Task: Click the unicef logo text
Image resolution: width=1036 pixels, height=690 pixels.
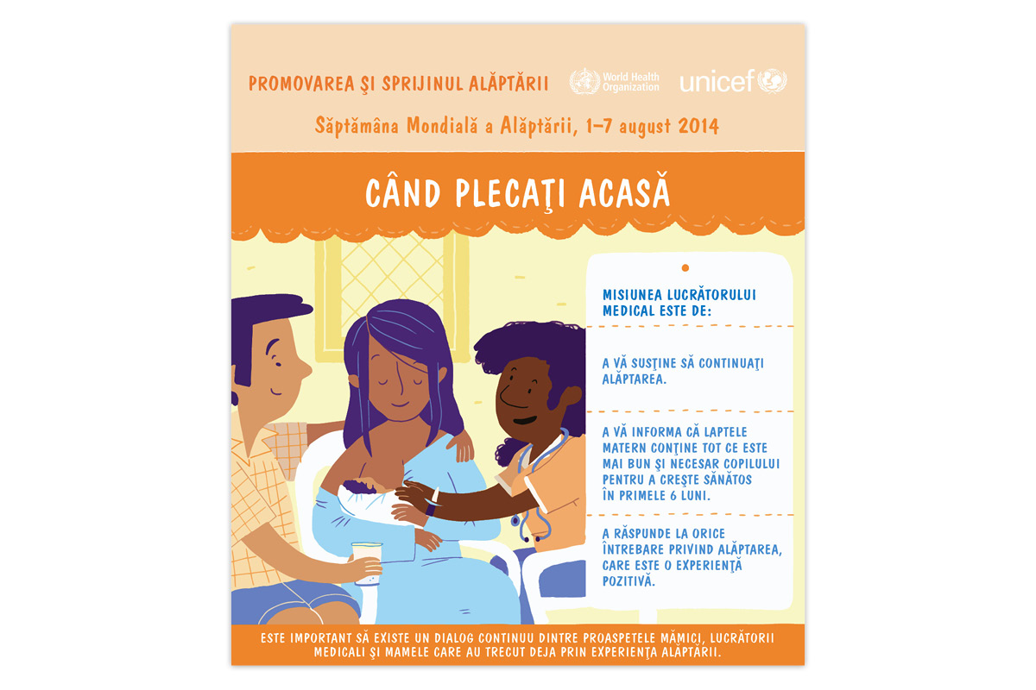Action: (717, 83)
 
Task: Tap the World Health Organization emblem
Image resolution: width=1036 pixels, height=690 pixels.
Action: (584, 82)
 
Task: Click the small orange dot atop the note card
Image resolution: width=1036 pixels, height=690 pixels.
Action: (685, 268)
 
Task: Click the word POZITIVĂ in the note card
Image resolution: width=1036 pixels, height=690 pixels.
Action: (629, 582)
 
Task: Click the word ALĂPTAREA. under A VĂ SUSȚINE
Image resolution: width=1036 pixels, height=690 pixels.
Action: (635, 379)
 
